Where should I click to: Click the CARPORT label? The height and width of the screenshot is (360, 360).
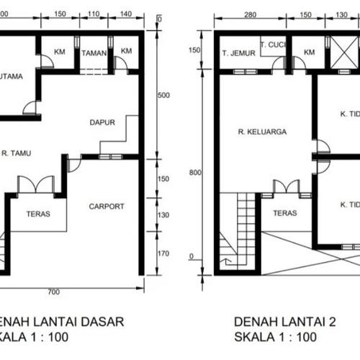point(107,206)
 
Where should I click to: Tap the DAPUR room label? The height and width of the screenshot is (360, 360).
point(103,122)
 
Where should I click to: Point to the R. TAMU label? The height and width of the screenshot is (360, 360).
point(14,153)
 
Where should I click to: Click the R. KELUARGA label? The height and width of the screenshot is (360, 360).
point(263,132)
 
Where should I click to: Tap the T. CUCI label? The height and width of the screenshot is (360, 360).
point(274,44)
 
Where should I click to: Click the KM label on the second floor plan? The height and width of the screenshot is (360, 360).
point(309,53)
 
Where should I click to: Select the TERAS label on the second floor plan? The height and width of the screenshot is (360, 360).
point(285,213)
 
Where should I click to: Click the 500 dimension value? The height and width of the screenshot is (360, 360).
point(163,95)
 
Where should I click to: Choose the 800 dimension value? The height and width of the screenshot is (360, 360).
point(192,172)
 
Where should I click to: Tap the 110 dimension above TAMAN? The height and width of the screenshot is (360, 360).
point(93,14)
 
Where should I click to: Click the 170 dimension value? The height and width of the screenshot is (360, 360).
point(163,253)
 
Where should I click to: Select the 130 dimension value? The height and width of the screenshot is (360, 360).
point(163,214)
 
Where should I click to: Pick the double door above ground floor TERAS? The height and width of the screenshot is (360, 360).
point(35,184)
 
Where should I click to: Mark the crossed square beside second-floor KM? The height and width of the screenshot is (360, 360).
point(339,53)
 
